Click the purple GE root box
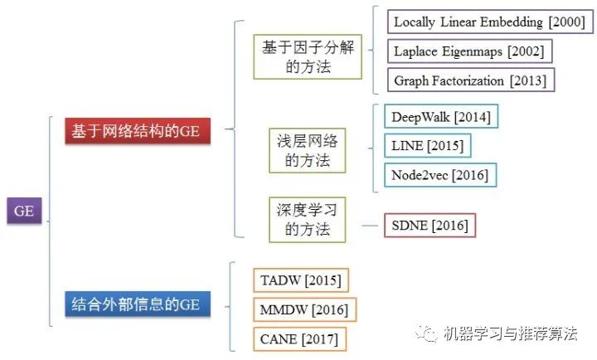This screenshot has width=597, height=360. coord(24,211)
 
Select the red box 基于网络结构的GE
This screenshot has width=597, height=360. coord(137,132)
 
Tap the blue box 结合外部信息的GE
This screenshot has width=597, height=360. coord(137,304)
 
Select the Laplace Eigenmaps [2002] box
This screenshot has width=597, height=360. coord(469,51)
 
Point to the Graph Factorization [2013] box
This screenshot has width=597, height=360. coord(471,80)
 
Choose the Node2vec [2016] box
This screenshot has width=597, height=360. coord(439,175)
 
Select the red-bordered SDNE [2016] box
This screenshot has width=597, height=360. coord(430,226)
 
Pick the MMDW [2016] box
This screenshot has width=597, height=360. coord(303,309)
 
